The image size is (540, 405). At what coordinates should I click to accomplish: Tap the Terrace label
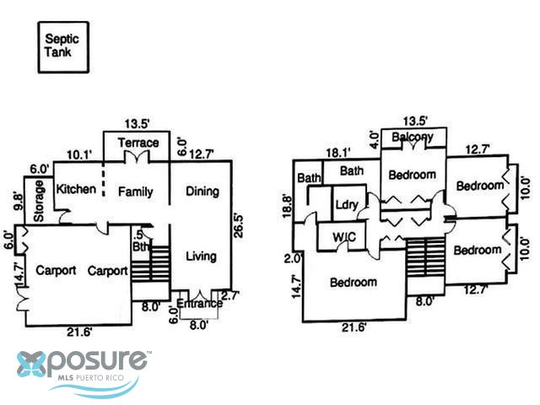point(138,143)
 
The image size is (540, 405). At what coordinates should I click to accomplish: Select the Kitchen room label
point(76,190)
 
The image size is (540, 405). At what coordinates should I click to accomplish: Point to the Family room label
point(135,192)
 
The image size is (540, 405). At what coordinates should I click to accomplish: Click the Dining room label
point(202,192)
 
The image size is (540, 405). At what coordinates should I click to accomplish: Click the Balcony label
point(413,137)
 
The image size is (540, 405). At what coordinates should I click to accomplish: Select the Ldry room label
point(347,204)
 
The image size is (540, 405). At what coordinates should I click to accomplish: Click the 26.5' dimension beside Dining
point(239,229)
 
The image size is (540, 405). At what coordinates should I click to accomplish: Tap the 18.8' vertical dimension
point(289,204)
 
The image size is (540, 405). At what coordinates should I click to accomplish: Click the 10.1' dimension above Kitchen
point(78,154)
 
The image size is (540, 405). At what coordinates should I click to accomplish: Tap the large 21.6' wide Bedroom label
point(354,283)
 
